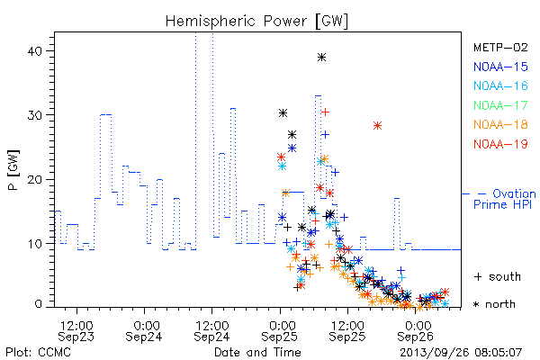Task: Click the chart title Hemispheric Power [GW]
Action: [256, 22]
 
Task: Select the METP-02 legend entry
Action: [500, 47]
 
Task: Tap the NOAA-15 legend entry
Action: [500, 67]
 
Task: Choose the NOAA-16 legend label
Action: [500, 85]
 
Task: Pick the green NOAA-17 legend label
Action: [500, 105]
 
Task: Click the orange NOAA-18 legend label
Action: [500, 124]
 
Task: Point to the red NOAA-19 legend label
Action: [500, 144]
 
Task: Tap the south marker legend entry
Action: [498, 276]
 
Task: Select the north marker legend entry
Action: [494, 304]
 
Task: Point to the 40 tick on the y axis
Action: [34, 51]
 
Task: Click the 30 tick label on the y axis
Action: [34, 115]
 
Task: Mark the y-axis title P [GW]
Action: [13, 170]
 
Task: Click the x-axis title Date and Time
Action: [257, 353]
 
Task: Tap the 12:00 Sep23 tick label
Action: [76, 331]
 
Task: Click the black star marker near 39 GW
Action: [321, 58]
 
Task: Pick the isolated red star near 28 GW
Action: [377, 126]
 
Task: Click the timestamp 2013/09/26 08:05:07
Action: [461, 353]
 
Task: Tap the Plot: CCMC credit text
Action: [38, 353]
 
